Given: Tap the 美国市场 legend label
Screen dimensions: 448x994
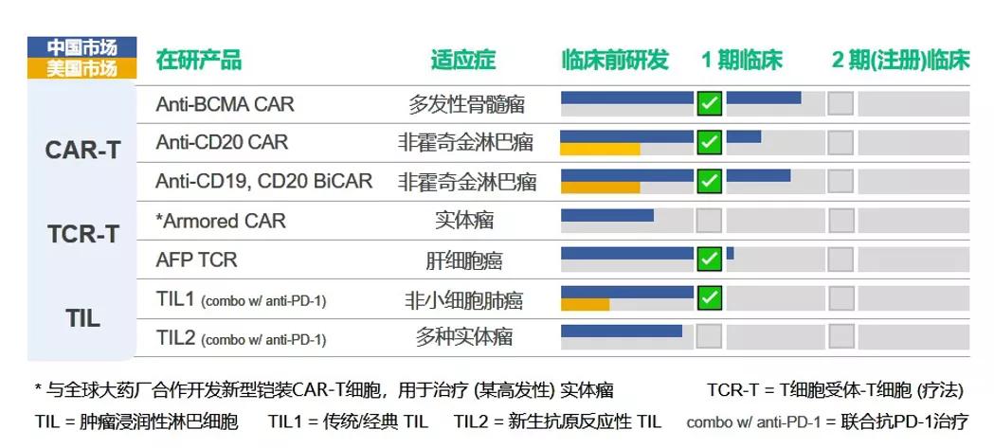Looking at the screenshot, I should [81, 68].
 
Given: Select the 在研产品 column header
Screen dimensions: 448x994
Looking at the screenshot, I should [198, 60].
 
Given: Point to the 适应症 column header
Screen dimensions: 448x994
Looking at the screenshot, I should [462, 60].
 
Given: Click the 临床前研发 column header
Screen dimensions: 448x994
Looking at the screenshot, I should [614, 60].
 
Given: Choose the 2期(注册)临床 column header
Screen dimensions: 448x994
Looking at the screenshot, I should [900, 60].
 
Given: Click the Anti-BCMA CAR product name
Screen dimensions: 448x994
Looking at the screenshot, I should [225, 103].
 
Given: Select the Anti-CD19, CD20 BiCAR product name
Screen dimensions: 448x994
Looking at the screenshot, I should [263, 180].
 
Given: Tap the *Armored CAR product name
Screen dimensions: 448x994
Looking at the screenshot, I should [220, 221].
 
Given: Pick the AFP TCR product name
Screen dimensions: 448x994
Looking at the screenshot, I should [196, 260].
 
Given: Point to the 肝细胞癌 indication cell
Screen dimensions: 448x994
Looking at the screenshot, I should [464, 260].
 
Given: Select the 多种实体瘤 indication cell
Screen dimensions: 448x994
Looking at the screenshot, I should [464, 337].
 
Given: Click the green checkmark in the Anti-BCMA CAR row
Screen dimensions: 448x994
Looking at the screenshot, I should [709, 103].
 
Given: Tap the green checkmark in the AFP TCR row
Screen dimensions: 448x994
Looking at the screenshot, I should [709, 259].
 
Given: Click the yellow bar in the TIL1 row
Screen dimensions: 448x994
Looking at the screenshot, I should [585, 305].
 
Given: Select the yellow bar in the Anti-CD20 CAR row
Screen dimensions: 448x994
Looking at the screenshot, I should [600, 149].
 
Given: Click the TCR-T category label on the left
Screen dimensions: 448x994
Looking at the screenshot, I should [83, 234].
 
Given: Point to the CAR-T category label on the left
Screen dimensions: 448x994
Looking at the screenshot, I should [83, 151].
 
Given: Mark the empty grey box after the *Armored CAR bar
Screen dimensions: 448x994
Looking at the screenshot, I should [709, 221].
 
